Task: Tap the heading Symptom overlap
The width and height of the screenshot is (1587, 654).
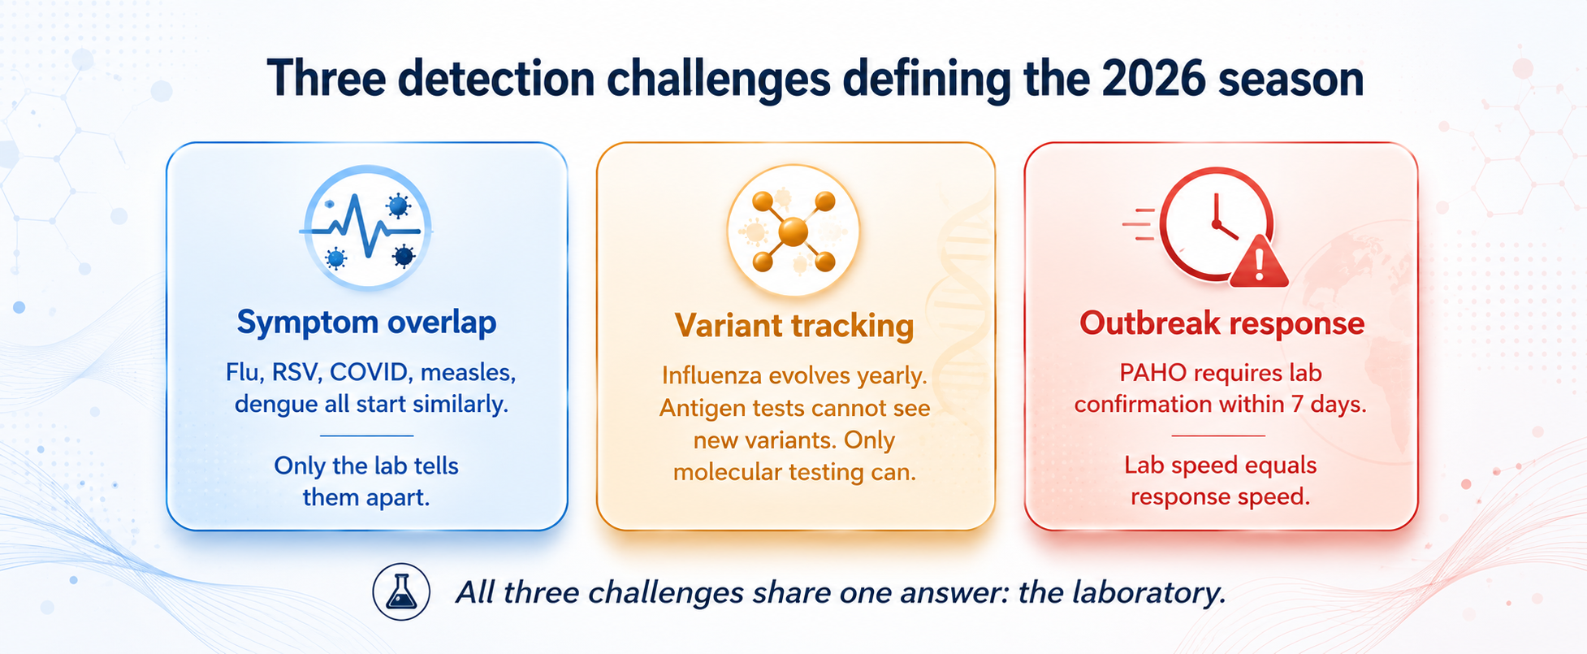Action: coord(366,323)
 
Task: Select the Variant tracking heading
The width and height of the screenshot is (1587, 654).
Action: coord(794,326)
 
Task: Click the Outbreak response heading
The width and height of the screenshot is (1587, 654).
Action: coord(1222,323)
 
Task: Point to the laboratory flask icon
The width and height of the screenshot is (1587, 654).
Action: coord(401,592)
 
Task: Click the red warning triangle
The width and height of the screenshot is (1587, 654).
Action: coord(1259,262)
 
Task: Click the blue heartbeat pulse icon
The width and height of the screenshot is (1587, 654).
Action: coord(366,227)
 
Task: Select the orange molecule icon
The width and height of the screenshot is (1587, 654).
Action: coord(793,232)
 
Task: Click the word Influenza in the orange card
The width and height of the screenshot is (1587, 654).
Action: coord(711,375)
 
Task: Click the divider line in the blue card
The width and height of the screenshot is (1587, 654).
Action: coord(366,435)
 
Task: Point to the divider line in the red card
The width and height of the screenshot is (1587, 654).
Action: coord(1219,435)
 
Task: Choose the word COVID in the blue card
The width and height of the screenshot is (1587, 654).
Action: coord(370,372)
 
